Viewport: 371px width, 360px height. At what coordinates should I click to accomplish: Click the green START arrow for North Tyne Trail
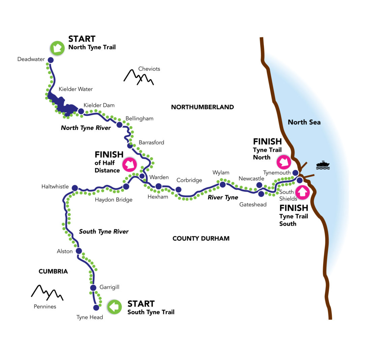click(x=57, y=48)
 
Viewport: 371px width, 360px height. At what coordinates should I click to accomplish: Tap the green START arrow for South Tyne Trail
click(x=114, y=307)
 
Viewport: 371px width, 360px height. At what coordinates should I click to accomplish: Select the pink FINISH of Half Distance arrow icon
click(x=130, y=165)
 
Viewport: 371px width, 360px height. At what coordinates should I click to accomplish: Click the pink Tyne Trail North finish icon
click(x=284, y=162)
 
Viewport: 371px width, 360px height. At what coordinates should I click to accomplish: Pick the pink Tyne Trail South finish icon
click(x=303, y=192)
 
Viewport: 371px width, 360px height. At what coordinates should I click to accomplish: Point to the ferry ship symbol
click(x=323, y=165)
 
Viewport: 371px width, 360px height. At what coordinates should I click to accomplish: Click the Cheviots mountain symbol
click(x=139, y=77)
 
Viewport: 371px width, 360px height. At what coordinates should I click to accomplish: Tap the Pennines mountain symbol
click(x=47, y=293)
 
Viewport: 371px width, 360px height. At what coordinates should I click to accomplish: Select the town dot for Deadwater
click(x=51, y=60)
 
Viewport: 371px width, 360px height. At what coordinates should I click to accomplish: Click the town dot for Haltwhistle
click(x=75, y=188)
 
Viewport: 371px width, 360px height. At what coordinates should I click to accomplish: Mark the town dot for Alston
click(x=79, y=251)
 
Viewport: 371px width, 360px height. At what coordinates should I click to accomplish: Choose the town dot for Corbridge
click(x=178, y=190)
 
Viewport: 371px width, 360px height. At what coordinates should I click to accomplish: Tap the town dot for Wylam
click(x=223, y=185)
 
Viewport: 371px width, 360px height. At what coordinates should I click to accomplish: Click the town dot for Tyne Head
click(x=96, y=307)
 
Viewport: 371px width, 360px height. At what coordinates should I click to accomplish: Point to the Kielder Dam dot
click(x=81, y=111)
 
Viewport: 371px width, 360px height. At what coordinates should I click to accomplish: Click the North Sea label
click(x=304, y=122)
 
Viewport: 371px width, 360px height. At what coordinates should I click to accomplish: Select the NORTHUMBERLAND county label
click(x=202, y=107)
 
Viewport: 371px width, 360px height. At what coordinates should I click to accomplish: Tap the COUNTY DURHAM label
click(x=201, y=239)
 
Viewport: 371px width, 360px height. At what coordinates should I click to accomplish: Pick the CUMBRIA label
click(x=53, y=271)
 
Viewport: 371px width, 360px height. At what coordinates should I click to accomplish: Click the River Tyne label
click(x=223, y=197)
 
